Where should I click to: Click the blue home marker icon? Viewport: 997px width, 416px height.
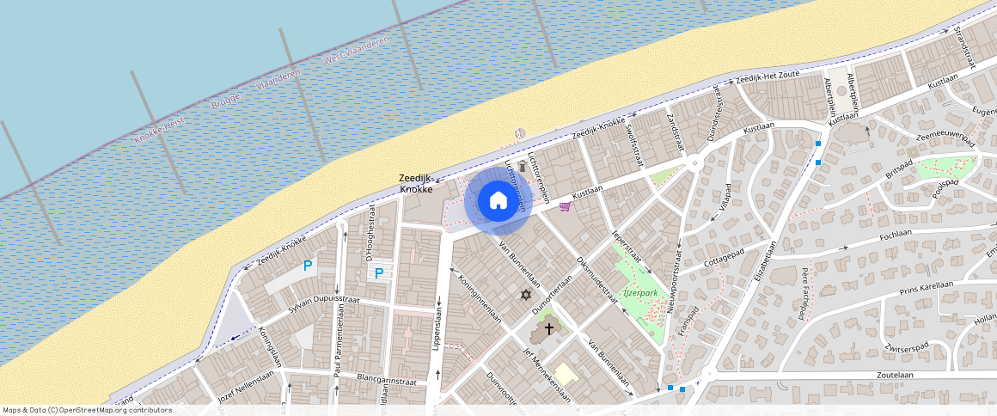coord(498,201)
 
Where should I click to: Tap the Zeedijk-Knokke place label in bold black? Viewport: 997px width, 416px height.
coord(416,184)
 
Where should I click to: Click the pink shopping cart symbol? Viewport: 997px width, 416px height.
coord(565,206)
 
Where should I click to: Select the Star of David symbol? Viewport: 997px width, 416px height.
coord(526,295)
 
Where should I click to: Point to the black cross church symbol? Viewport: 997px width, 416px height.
coord(549,328)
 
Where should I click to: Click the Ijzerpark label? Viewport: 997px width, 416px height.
coord(640,293)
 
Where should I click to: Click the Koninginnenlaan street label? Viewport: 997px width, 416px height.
coord(480,298)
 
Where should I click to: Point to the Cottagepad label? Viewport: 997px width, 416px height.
coord(723,256)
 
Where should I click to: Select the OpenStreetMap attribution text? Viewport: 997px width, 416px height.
coord(87,410)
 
